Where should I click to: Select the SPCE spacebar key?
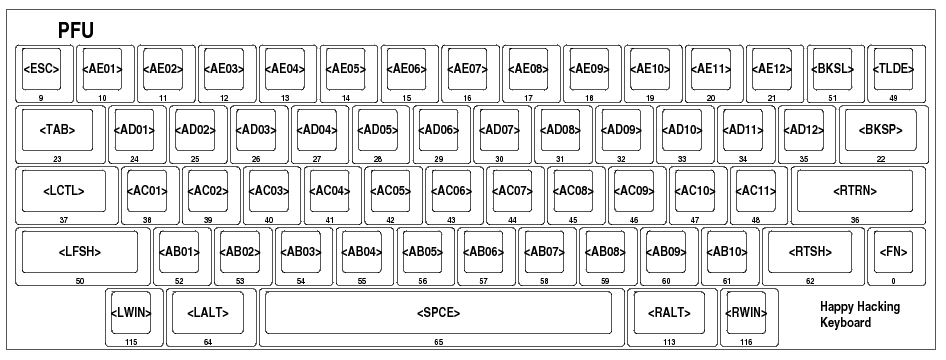click(438, 312)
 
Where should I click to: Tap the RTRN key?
click(854, 190)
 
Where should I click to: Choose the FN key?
click(892, 251)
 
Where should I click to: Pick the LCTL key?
click(63, 190)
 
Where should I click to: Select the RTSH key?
click(810, 251)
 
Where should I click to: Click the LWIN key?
click(131, 312)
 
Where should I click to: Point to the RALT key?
click(669, 312)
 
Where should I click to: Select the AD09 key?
click(621, 129)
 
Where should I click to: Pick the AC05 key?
click(390, 190)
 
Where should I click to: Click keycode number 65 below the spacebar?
click(438, 343)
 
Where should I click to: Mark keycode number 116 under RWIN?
click(746, 343)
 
